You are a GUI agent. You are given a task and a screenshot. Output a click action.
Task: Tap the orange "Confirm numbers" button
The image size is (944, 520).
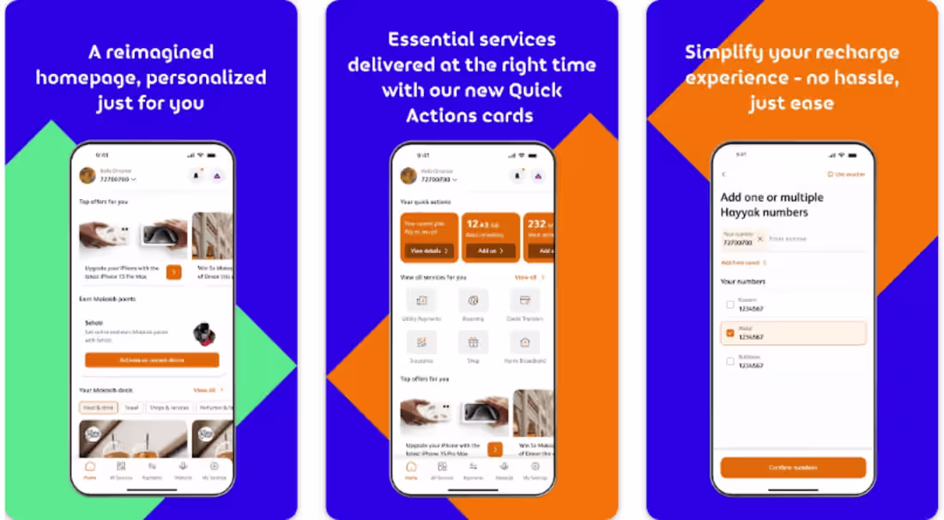pos(793,468)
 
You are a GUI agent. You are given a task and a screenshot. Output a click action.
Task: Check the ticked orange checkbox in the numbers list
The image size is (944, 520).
pos(729,333)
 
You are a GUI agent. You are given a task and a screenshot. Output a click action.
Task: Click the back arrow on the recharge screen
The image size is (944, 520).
pos(723,174)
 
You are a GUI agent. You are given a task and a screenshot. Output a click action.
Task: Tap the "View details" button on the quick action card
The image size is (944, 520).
pos(428,251)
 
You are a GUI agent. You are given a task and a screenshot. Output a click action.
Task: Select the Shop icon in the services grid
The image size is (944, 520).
pos(473,342)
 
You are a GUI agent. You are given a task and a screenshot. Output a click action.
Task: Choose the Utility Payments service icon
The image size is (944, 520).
pos(421,300)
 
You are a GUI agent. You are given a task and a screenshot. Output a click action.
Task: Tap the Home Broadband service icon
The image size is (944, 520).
pos(524,342)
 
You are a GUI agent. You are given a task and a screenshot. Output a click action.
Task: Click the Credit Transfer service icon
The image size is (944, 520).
pos(524,300)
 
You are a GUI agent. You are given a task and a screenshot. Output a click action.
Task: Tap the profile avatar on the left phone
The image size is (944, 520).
pos(88,176)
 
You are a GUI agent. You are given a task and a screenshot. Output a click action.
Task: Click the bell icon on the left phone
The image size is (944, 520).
pos(196,176)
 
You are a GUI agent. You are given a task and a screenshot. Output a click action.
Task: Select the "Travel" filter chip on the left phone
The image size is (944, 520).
pos(131,408)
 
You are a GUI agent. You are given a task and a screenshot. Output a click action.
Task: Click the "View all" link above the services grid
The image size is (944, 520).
pos(526,277)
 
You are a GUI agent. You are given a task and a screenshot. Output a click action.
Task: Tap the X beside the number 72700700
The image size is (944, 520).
pos(759,238)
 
